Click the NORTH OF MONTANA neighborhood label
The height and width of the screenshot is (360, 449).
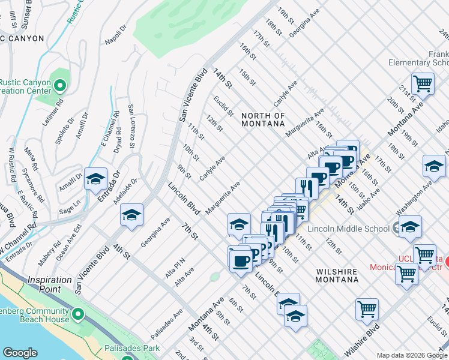[x=263, y=119]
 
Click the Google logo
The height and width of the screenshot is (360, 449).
[x=20, y=353]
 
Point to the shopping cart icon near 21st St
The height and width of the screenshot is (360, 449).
[x=423, y=83]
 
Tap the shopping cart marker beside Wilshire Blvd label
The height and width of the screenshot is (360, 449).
[x=367, y=309]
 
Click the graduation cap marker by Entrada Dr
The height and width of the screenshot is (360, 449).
[x=96, y=179]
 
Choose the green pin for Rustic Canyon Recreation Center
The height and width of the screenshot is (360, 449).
[x=59, y=86]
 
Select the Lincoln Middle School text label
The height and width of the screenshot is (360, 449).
[x=348, y=229]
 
